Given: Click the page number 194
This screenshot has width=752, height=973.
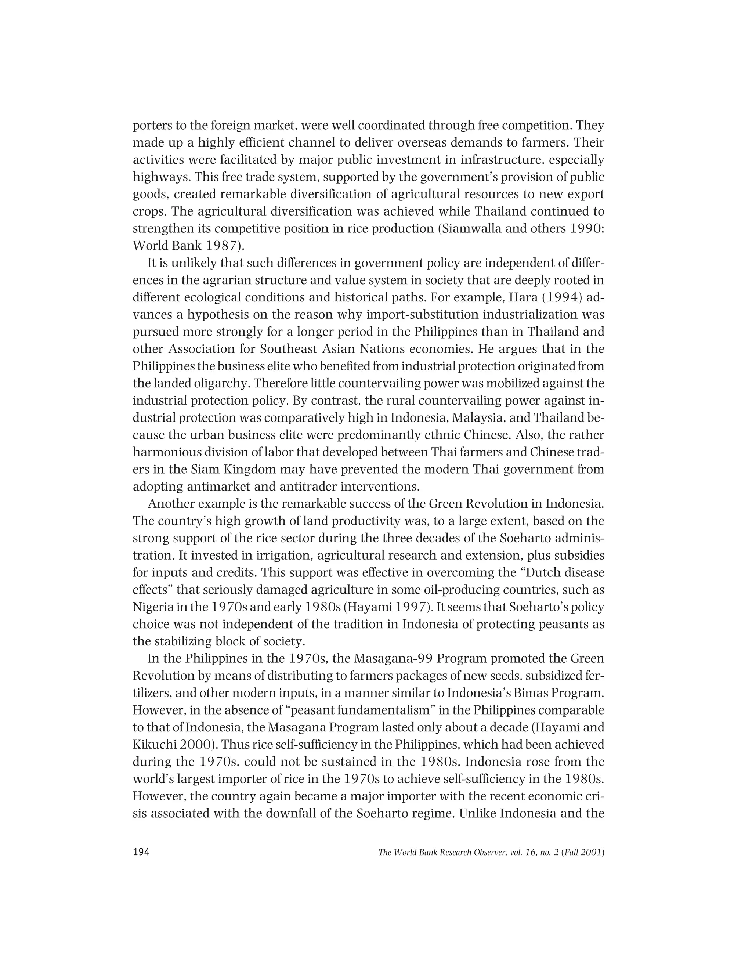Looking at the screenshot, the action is pyautogui.click(x=141, y=851).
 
